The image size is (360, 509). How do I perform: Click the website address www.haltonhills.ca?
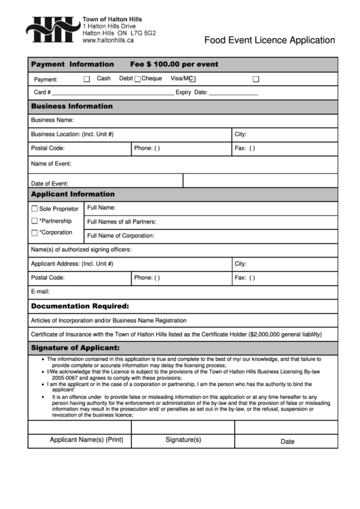[108, 41]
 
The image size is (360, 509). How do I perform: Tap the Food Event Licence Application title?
[270, 40]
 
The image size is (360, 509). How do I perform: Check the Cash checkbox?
[86, 80]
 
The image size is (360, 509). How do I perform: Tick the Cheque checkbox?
[137, 80]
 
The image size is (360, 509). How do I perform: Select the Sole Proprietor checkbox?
[35, 209]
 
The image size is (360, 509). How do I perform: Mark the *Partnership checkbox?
[35, 221]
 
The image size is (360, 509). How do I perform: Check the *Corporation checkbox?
[35, 233]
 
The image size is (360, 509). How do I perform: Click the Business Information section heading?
[72, 106]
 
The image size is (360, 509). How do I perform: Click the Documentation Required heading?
[80, 306]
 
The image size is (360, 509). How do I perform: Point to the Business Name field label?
[52, 120]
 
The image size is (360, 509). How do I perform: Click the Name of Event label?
[51, 164]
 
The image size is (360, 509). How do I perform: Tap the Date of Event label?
[50, 183]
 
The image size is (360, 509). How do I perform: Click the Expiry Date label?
[192, 92]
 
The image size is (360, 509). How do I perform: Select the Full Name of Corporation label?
[121, 236]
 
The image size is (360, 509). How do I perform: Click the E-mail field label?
[41, 292]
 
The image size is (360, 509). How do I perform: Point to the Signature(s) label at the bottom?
[183, 440]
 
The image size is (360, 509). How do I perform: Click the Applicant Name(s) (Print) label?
[86, 440]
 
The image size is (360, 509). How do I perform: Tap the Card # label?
[42, 92]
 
